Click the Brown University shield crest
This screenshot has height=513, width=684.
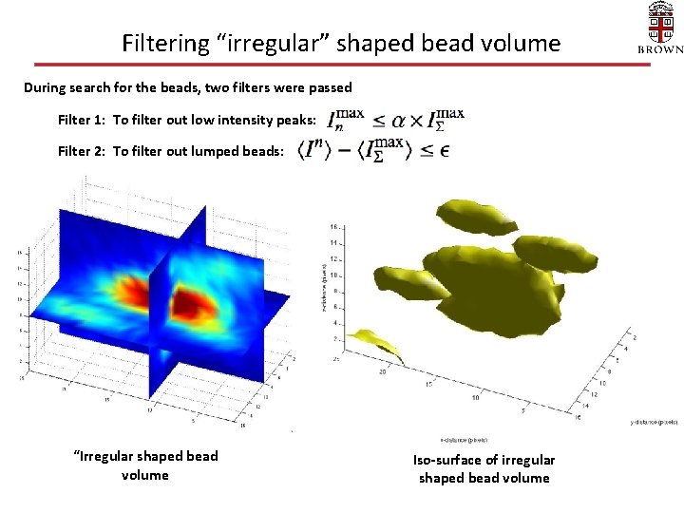[x=659, y=21]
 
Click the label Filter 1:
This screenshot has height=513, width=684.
[x=82, y=120]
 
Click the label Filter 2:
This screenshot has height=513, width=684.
[x=82, y=150]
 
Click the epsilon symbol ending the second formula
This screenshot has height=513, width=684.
[x=446, y=150]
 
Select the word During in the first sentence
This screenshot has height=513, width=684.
[x=47, y=87]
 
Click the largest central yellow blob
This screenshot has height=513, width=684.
[x=484, y=285]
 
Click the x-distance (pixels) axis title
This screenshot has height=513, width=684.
[x=465, y=440]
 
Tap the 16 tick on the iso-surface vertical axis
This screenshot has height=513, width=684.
[x=333, y=228]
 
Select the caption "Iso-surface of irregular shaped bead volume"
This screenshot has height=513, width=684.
[x=484, y=468]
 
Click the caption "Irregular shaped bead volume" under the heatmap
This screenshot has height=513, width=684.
[x=145, y=465]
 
